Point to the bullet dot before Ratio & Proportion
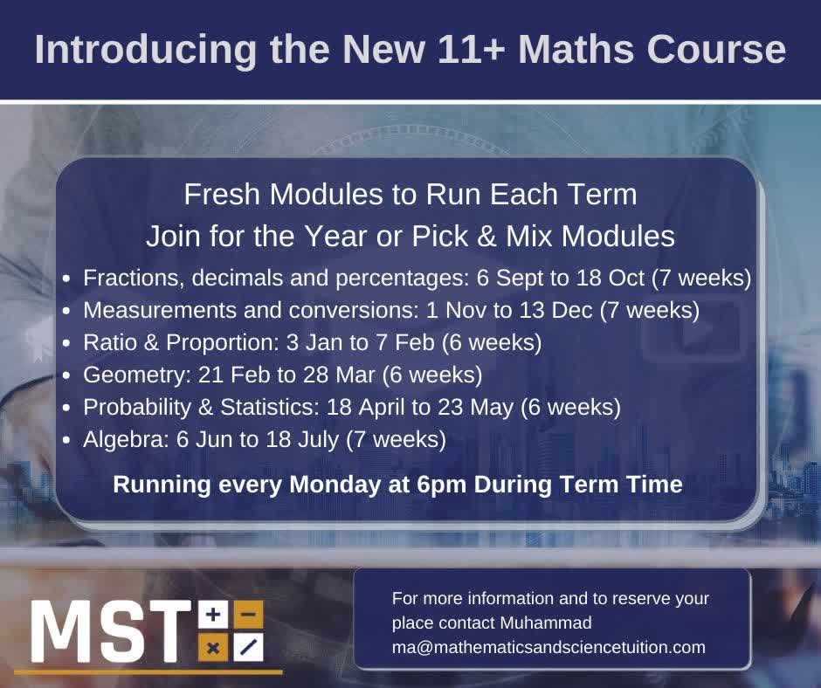[x=67, y=344]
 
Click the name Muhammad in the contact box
[x=547, y=623]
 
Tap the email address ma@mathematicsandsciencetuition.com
[x=548, y=647]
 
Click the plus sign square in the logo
[x=212, y=616]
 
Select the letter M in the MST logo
[x=59, y=631]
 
